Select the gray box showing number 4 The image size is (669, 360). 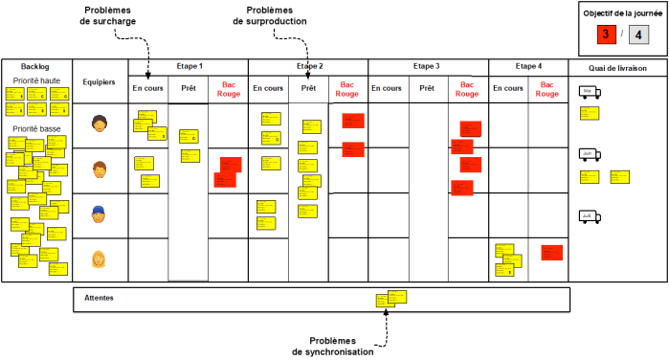640,35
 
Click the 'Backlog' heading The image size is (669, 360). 33,68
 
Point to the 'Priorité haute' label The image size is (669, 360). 37,80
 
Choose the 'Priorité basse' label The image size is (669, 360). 37,128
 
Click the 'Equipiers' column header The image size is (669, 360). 100,81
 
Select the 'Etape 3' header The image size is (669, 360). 427,66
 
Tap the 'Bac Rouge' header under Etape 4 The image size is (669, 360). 548,90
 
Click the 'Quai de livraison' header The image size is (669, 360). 617,68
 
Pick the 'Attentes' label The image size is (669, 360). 99,298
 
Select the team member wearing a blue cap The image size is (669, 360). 99,214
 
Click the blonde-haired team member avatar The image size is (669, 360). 99,259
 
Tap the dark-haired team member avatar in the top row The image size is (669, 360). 99,124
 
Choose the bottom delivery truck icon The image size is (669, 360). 590,217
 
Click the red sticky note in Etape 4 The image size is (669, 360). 550,252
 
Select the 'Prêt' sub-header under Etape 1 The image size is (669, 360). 189,87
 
